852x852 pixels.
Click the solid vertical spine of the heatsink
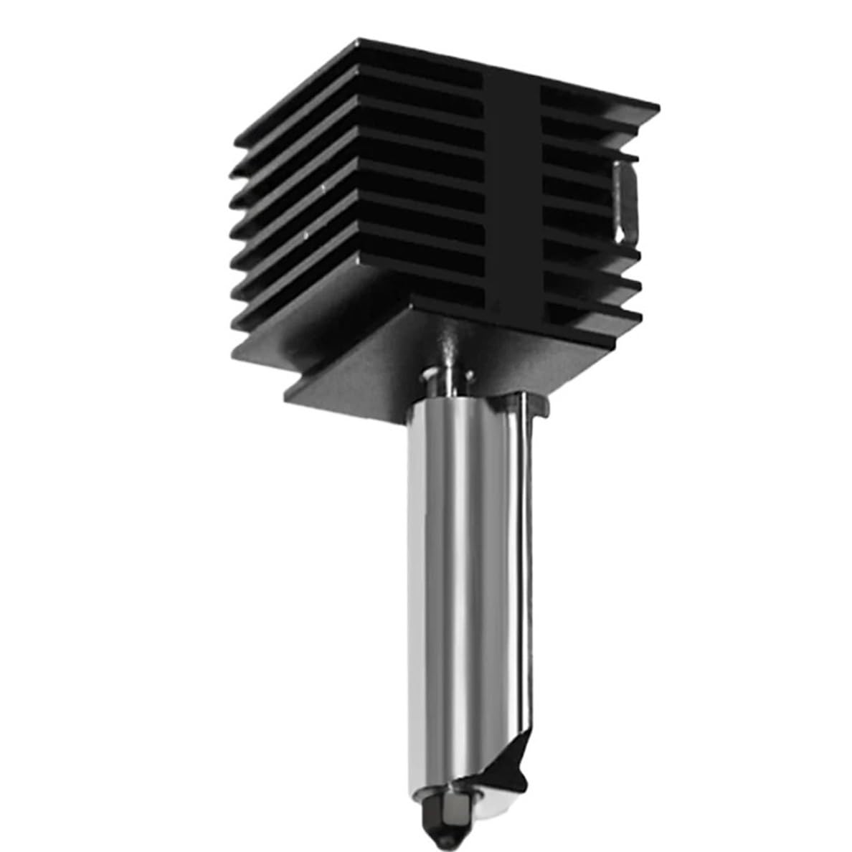510,194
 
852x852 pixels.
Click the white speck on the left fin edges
325,188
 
